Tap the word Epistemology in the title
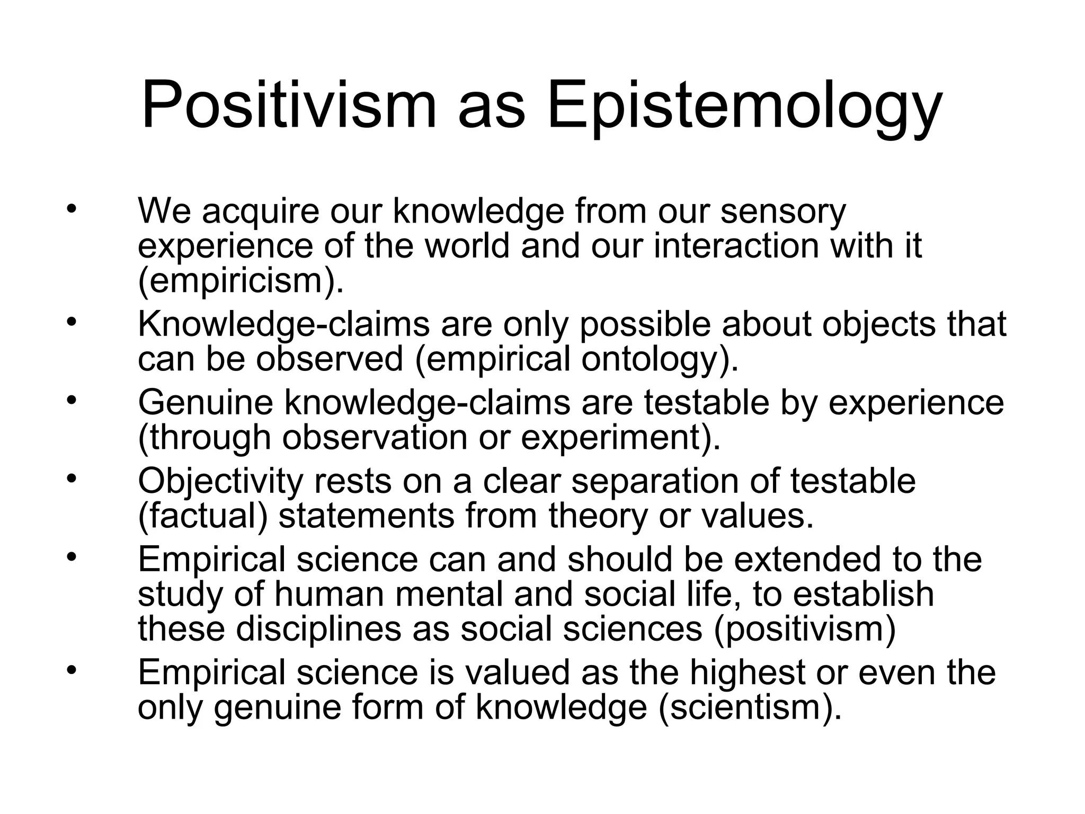(x=744, y=106)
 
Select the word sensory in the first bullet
(x=783, y=211)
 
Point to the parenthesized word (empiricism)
(x=241, y=281)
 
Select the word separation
(x=655, y=481)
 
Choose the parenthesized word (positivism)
(x=805, y=629)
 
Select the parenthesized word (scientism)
(x=749, y=707)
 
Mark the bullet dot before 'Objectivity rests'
(x=72, y=479)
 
